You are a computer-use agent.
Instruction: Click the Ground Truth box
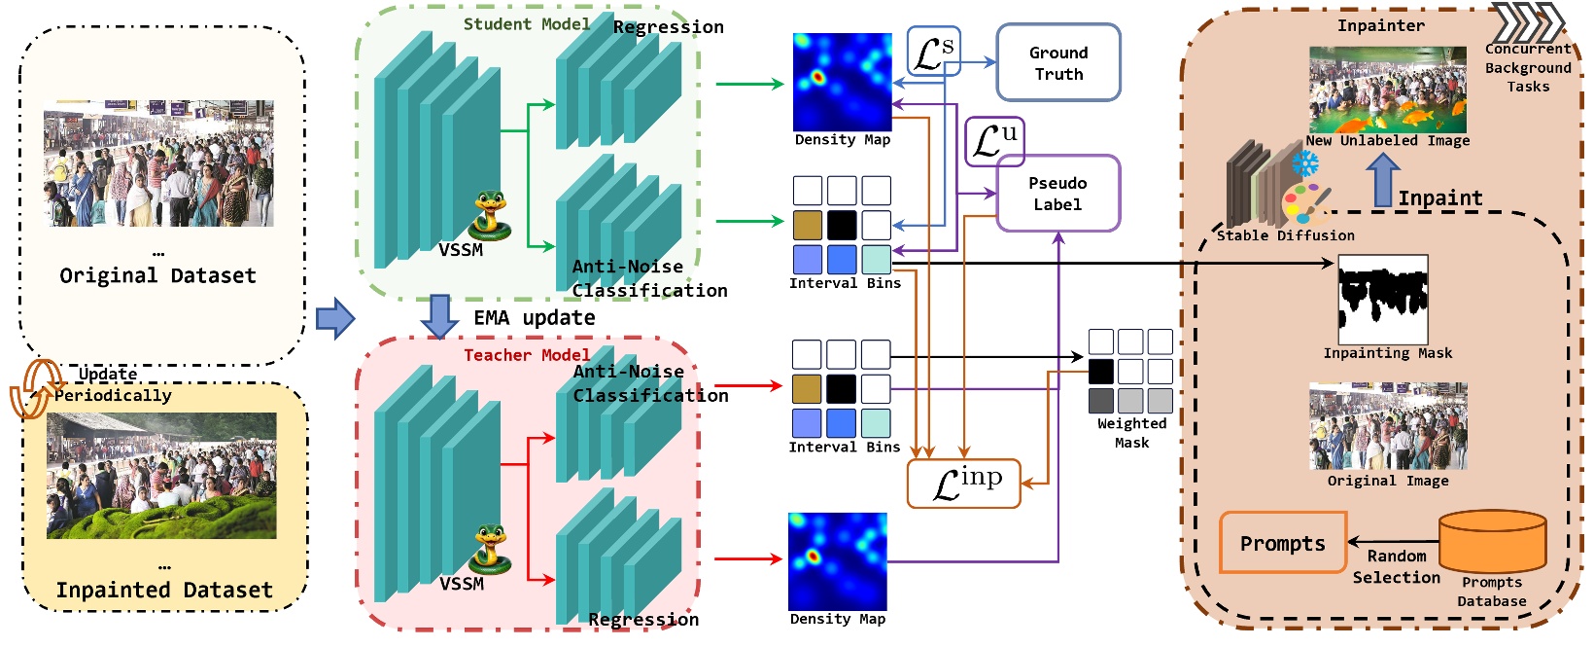[1057, 63]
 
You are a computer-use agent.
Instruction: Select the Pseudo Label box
[1057, 194]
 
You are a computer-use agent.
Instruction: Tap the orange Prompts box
[1282, 543]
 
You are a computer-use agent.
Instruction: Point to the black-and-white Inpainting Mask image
[1382, 299]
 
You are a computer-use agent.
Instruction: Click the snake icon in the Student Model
[491, 216]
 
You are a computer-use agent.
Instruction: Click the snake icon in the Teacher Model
[491, 550]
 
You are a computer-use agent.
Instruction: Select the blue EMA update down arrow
[439, 316]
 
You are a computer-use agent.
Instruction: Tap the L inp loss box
[963, 484]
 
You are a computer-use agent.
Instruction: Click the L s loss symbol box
[933, 52]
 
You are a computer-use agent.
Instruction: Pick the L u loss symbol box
[993, 141]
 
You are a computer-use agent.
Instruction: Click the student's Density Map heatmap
[842, 83]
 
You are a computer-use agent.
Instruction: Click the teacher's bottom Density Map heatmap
[837, 561]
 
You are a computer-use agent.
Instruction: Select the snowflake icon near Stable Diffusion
[1304, 162]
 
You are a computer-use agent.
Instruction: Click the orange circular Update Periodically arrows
[31, 389]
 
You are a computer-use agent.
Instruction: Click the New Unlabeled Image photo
[1387, 90]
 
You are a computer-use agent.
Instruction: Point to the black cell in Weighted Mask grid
[1100, 371]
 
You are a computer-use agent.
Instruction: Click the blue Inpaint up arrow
[1382, 181]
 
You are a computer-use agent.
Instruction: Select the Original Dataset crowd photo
[158, 162]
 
